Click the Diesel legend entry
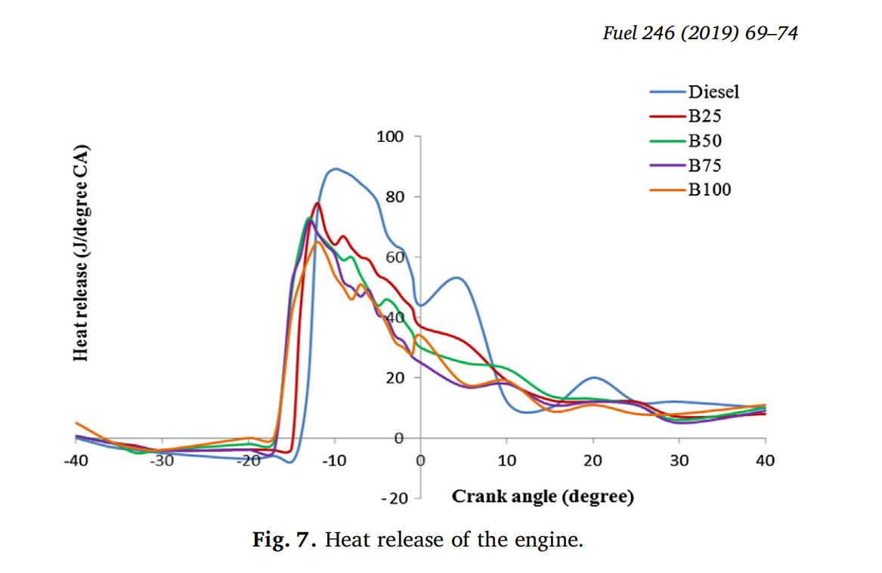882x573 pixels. [713, 92]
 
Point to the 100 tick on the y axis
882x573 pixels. [390, 137]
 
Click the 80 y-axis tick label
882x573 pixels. [394, 197]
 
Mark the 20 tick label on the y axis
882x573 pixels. [394, 377]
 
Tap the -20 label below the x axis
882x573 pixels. [394, 499]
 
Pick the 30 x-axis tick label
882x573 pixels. [679, 461]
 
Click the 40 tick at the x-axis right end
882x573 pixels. [765, 461]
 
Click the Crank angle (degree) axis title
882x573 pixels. [543, 497]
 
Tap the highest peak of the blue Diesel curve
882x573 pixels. [335, 168]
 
